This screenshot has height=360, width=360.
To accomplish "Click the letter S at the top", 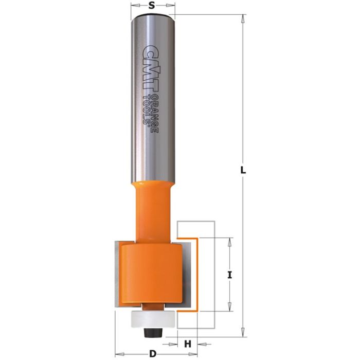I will (x=152, y=6).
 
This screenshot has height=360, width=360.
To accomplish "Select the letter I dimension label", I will (x=230, y=275).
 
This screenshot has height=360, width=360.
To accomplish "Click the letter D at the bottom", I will (x=152, y=354).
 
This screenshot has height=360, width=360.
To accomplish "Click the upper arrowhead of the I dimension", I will (x=230, y=241).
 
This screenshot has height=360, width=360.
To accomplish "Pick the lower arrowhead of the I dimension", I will (x=230, y=309).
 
